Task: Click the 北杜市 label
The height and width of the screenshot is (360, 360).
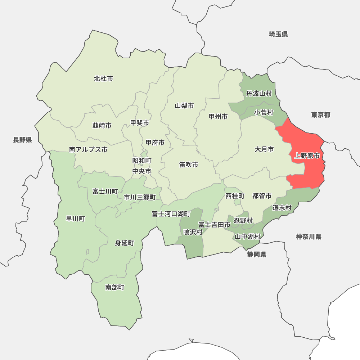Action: click(x=103, y=78)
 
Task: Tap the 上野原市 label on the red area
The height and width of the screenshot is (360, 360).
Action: click(x=307, y=156)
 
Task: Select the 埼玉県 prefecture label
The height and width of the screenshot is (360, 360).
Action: click(x=278, y=34)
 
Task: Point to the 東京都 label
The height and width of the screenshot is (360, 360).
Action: click(x=320, y=115)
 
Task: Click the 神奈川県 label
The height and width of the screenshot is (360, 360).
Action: click(x=309, y=237)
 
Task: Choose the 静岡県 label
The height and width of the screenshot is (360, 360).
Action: click(x=257, y=255)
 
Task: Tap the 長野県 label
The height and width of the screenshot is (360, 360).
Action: click(x=22, y=140)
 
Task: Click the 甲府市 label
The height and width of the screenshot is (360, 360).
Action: click(x=155, y=143)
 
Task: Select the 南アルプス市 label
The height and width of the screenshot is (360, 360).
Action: click(x=88, y=149)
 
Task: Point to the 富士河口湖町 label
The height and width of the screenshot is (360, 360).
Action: click(x=171, y=214)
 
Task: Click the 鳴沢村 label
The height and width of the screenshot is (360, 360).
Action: click(x=193, y=232)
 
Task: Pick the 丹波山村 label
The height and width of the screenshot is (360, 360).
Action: click(x=259, y=94)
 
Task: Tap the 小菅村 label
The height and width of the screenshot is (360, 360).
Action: click(x=264, y=112)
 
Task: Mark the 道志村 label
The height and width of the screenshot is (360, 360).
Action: click(x=282, y=208)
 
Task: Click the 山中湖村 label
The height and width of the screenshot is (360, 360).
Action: click(x=247, y=237)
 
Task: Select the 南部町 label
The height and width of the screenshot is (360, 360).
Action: click(x=114, y=287)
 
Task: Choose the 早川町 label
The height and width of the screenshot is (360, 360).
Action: click(x=76, y=219)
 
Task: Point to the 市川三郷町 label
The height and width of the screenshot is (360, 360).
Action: click(x=140, y=197)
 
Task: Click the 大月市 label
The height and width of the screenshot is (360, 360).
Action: click(x=264, y=149)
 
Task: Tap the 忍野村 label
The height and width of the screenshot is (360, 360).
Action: click(x=243, y=220)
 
